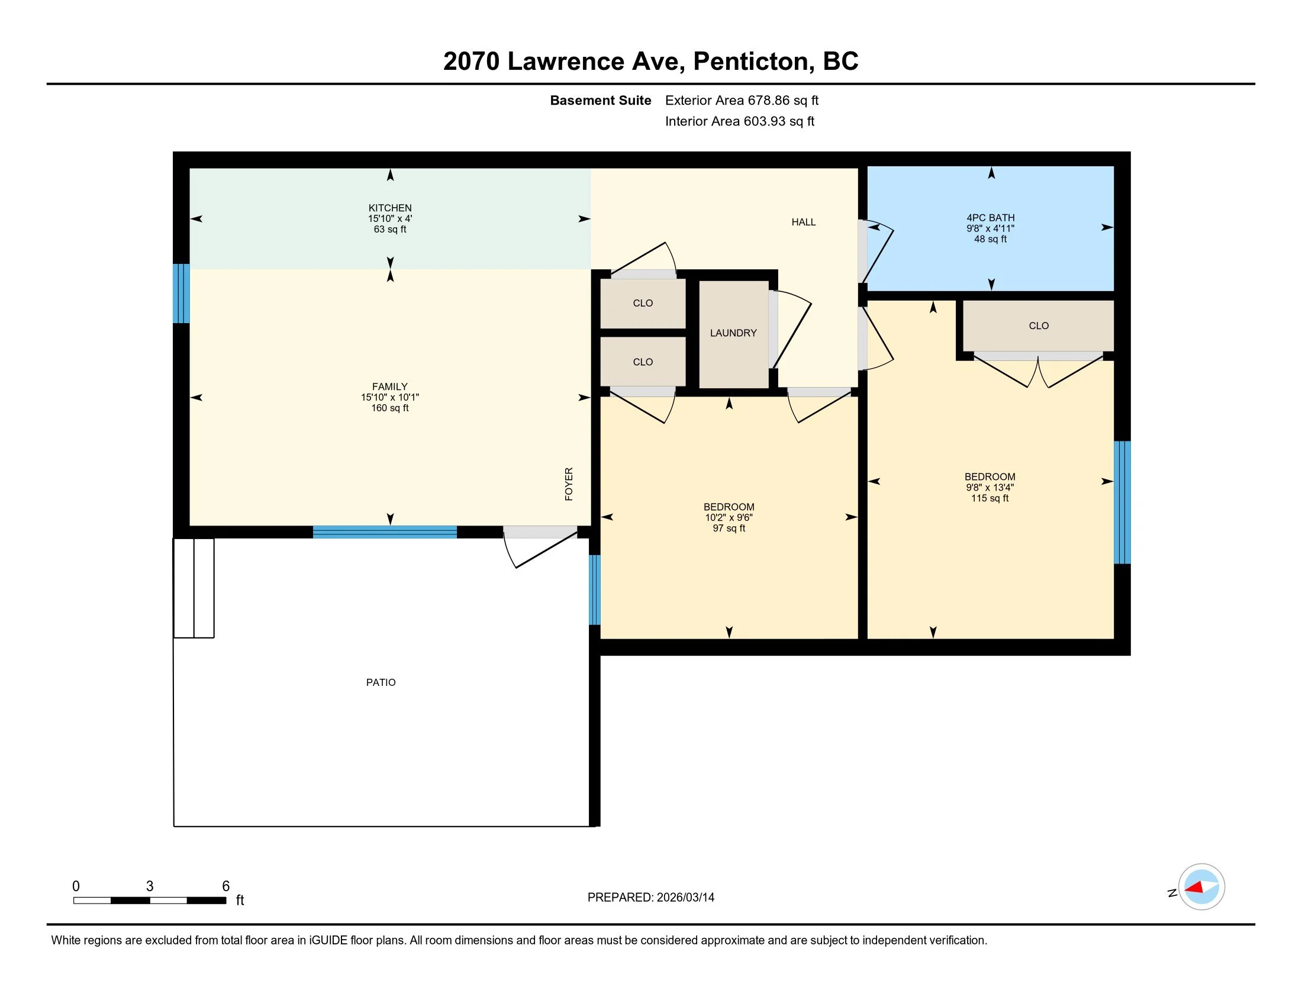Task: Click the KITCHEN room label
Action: pyautogui.click(x=390, y=208)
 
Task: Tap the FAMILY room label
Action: pyautogui.click(x=390, y=387)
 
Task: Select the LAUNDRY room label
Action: pyautogui.click(x=733, y=333)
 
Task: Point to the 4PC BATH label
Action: pyautogui.click(x=990, y=218)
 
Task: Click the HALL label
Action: pyautogui.click(x=804, y=223)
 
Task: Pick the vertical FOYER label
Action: pyautogui.click(x=569, y=484)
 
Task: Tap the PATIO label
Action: pyautogui.click(x=381, y=682)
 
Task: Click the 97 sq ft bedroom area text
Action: pyautogui.click(x=729, y=528)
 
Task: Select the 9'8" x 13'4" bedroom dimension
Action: pyautogui.click(x=990, y=488)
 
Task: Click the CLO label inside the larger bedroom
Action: pyautogui.click(x=1039, y=326)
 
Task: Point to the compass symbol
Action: pyautogui.click(x=1201, y=887)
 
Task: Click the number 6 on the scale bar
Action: pyautogui.click(x=226, y=886)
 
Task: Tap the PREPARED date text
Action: pyautogui.click(x=651, y=898)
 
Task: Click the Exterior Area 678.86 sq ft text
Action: pyautogui.click(x=742, y=101)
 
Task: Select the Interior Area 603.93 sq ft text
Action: pyautogui.click(x=739, y=121)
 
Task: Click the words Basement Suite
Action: pyautogui.click(x=600, y=101)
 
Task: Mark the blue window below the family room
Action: pyautogui.click(x=385, y=532)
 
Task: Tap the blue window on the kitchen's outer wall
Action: pyautogui.click(x=181, y=293)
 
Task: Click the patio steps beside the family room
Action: pyautogui.click(x=194, y=588)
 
